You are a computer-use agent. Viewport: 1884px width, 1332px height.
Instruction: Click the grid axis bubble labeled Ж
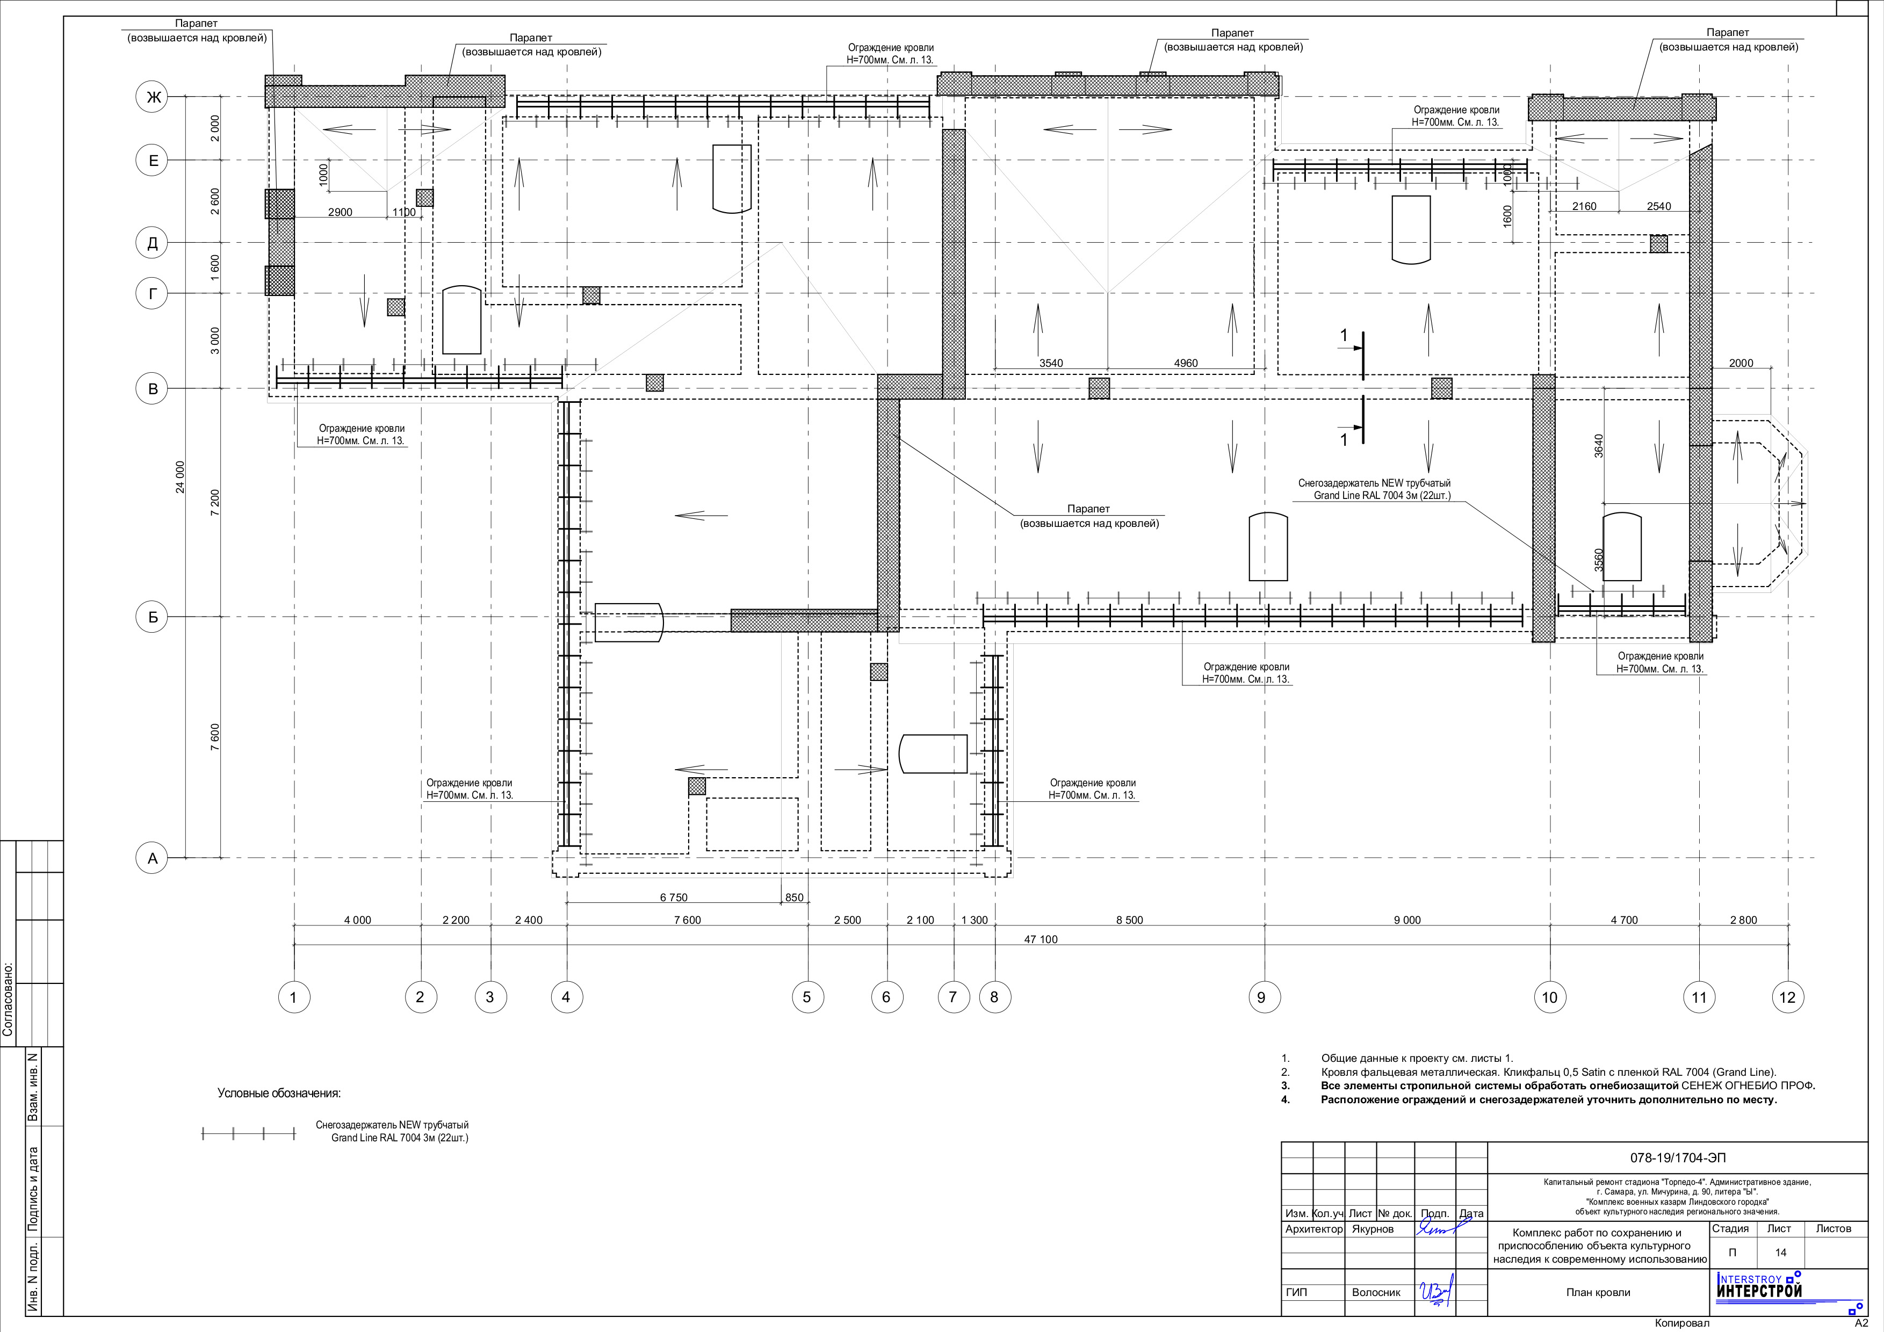pyautogui.click(x=153, y=98)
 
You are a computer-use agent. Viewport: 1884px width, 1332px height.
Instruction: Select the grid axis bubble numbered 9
pyautogui.click(x=1262, y=997)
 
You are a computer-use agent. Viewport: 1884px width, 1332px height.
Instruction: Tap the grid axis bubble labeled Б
pyautogui.click(x=153, y=617)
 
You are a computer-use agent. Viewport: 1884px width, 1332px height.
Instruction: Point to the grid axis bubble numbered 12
pyautogui.click(x=1787, y=997)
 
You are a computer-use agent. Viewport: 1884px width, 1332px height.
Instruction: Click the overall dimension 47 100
pyautogui.click(x=1041, y=939)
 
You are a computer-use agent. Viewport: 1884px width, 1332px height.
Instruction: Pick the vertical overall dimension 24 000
pyautogui.click(x=181, y=476)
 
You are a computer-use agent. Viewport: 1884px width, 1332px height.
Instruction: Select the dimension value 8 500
pyautogui.click(x=1129, y=920)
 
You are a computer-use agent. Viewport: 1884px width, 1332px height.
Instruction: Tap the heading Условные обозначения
pyautogui.click(x=279, y=1094)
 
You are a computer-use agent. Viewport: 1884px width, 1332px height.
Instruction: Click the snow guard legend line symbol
pyautogui.click(x=249, y=1134)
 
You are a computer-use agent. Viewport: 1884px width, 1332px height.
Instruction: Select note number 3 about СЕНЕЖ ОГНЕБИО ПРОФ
pyautogui.click(x=1548, y=1086)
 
